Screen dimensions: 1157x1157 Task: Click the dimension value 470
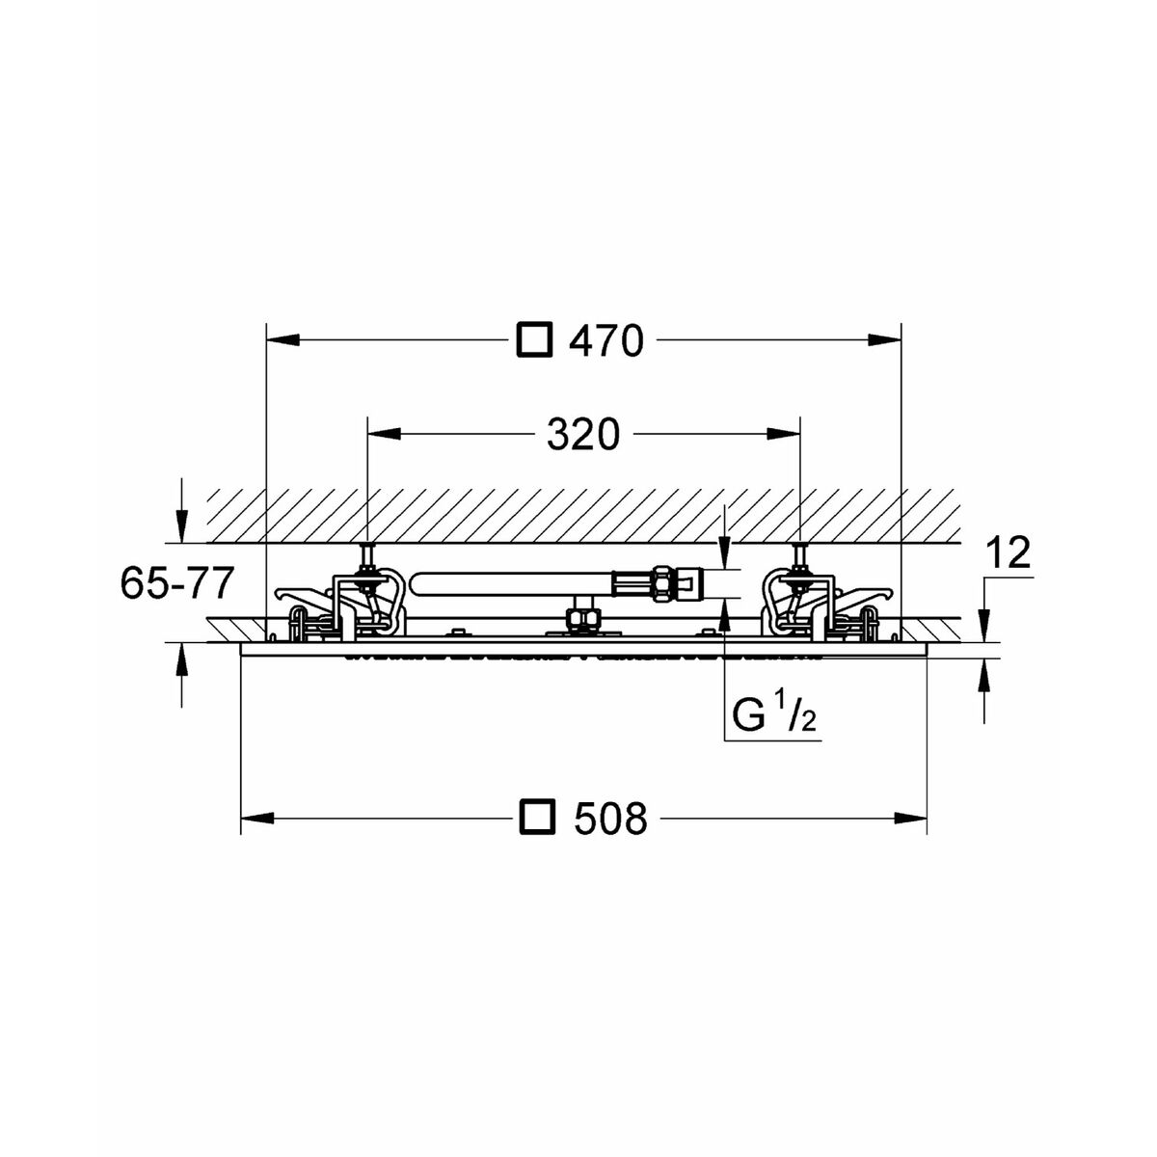pos(605,341)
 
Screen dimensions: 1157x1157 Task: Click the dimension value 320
pos(582,435)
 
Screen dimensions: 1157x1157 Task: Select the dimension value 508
pos(610,818)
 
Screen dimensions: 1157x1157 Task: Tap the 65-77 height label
pos(176,582)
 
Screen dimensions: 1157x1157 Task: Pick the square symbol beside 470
pos(534,340)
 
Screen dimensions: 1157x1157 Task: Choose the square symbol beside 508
pos(535,818)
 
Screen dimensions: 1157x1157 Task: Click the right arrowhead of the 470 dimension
pos(884,340)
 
